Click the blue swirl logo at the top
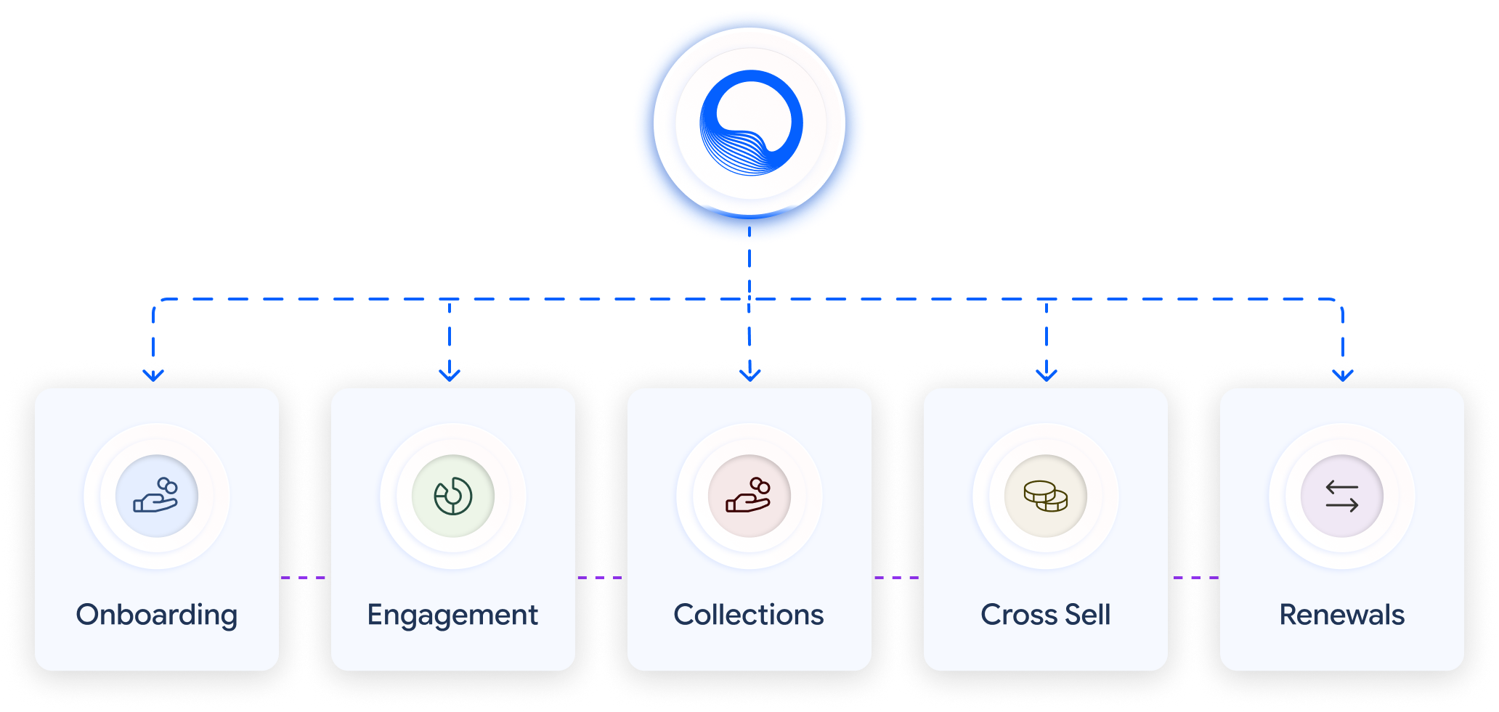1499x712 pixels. click(x=750, y=123)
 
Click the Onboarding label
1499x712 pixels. click(x=157, y=615)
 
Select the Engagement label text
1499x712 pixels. click(x=452, y=615)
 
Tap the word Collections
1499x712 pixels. click(x=749, y=615)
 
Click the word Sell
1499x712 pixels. click(x=1088, y=615)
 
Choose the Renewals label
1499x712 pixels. click(x=1341, y=615)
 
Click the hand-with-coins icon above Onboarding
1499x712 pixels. click(x=156, y=496)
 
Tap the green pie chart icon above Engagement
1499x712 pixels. click(x=453, y=496)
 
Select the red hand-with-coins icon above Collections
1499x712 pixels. click(x=749, y=496)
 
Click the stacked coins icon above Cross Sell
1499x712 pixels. click(x=1046, y=496)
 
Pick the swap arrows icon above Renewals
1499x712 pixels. click(x=1341, y=496)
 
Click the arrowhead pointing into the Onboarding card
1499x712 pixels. click(x=153, y=374)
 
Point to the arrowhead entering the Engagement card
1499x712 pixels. click(x=450, y=374)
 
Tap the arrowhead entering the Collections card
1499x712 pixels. click(x=749, y=374)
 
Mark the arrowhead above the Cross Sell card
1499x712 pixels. click(x=1046, y=374)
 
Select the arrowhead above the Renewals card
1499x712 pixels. click(x=1343, y=374)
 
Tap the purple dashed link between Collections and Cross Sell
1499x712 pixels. click(x=898, y=578)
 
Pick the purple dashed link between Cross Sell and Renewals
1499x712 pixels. click(x=1194, y=578)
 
